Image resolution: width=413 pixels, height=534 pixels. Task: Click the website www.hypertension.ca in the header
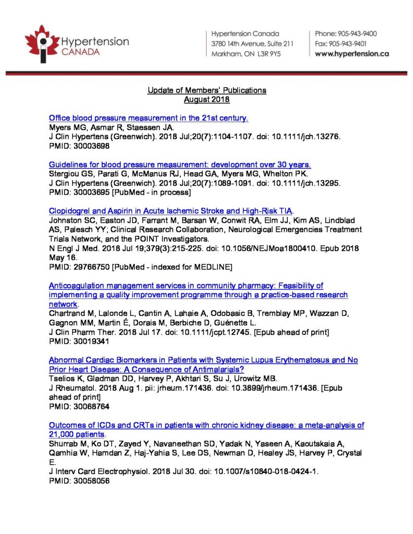coord(352,54)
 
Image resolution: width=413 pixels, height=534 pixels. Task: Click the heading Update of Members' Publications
coord(207,90)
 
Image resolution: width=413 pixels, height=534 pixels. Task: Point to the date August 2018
coord(207,99)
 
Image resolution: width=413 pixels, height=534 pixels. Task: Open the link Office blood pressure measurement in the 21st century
coord(148,118)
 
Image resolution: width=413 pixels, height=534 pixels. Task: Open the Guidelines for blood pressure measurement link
coord(180,164)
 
